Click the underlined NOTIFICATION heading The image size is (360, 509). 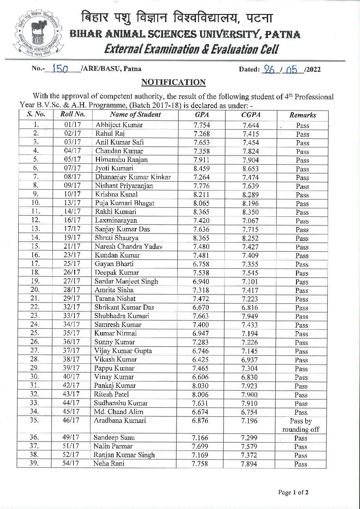click(174, 82)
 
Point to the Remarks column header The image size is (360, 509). click(302, 115)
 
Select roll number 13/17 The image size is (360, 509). click(72, 203)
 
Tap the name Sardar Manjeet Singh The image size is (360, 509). click(126, 281)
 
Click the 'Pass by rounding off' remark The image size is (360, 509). click(301, 425)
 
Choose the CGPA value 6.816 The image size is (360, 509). click(250, 308)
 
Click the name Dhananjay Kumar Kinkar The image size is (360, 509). click(133, 177)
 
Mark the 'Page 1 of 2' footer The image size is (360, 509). click(293, 492)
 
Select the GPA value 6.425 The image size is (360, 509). click(200, 360)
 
